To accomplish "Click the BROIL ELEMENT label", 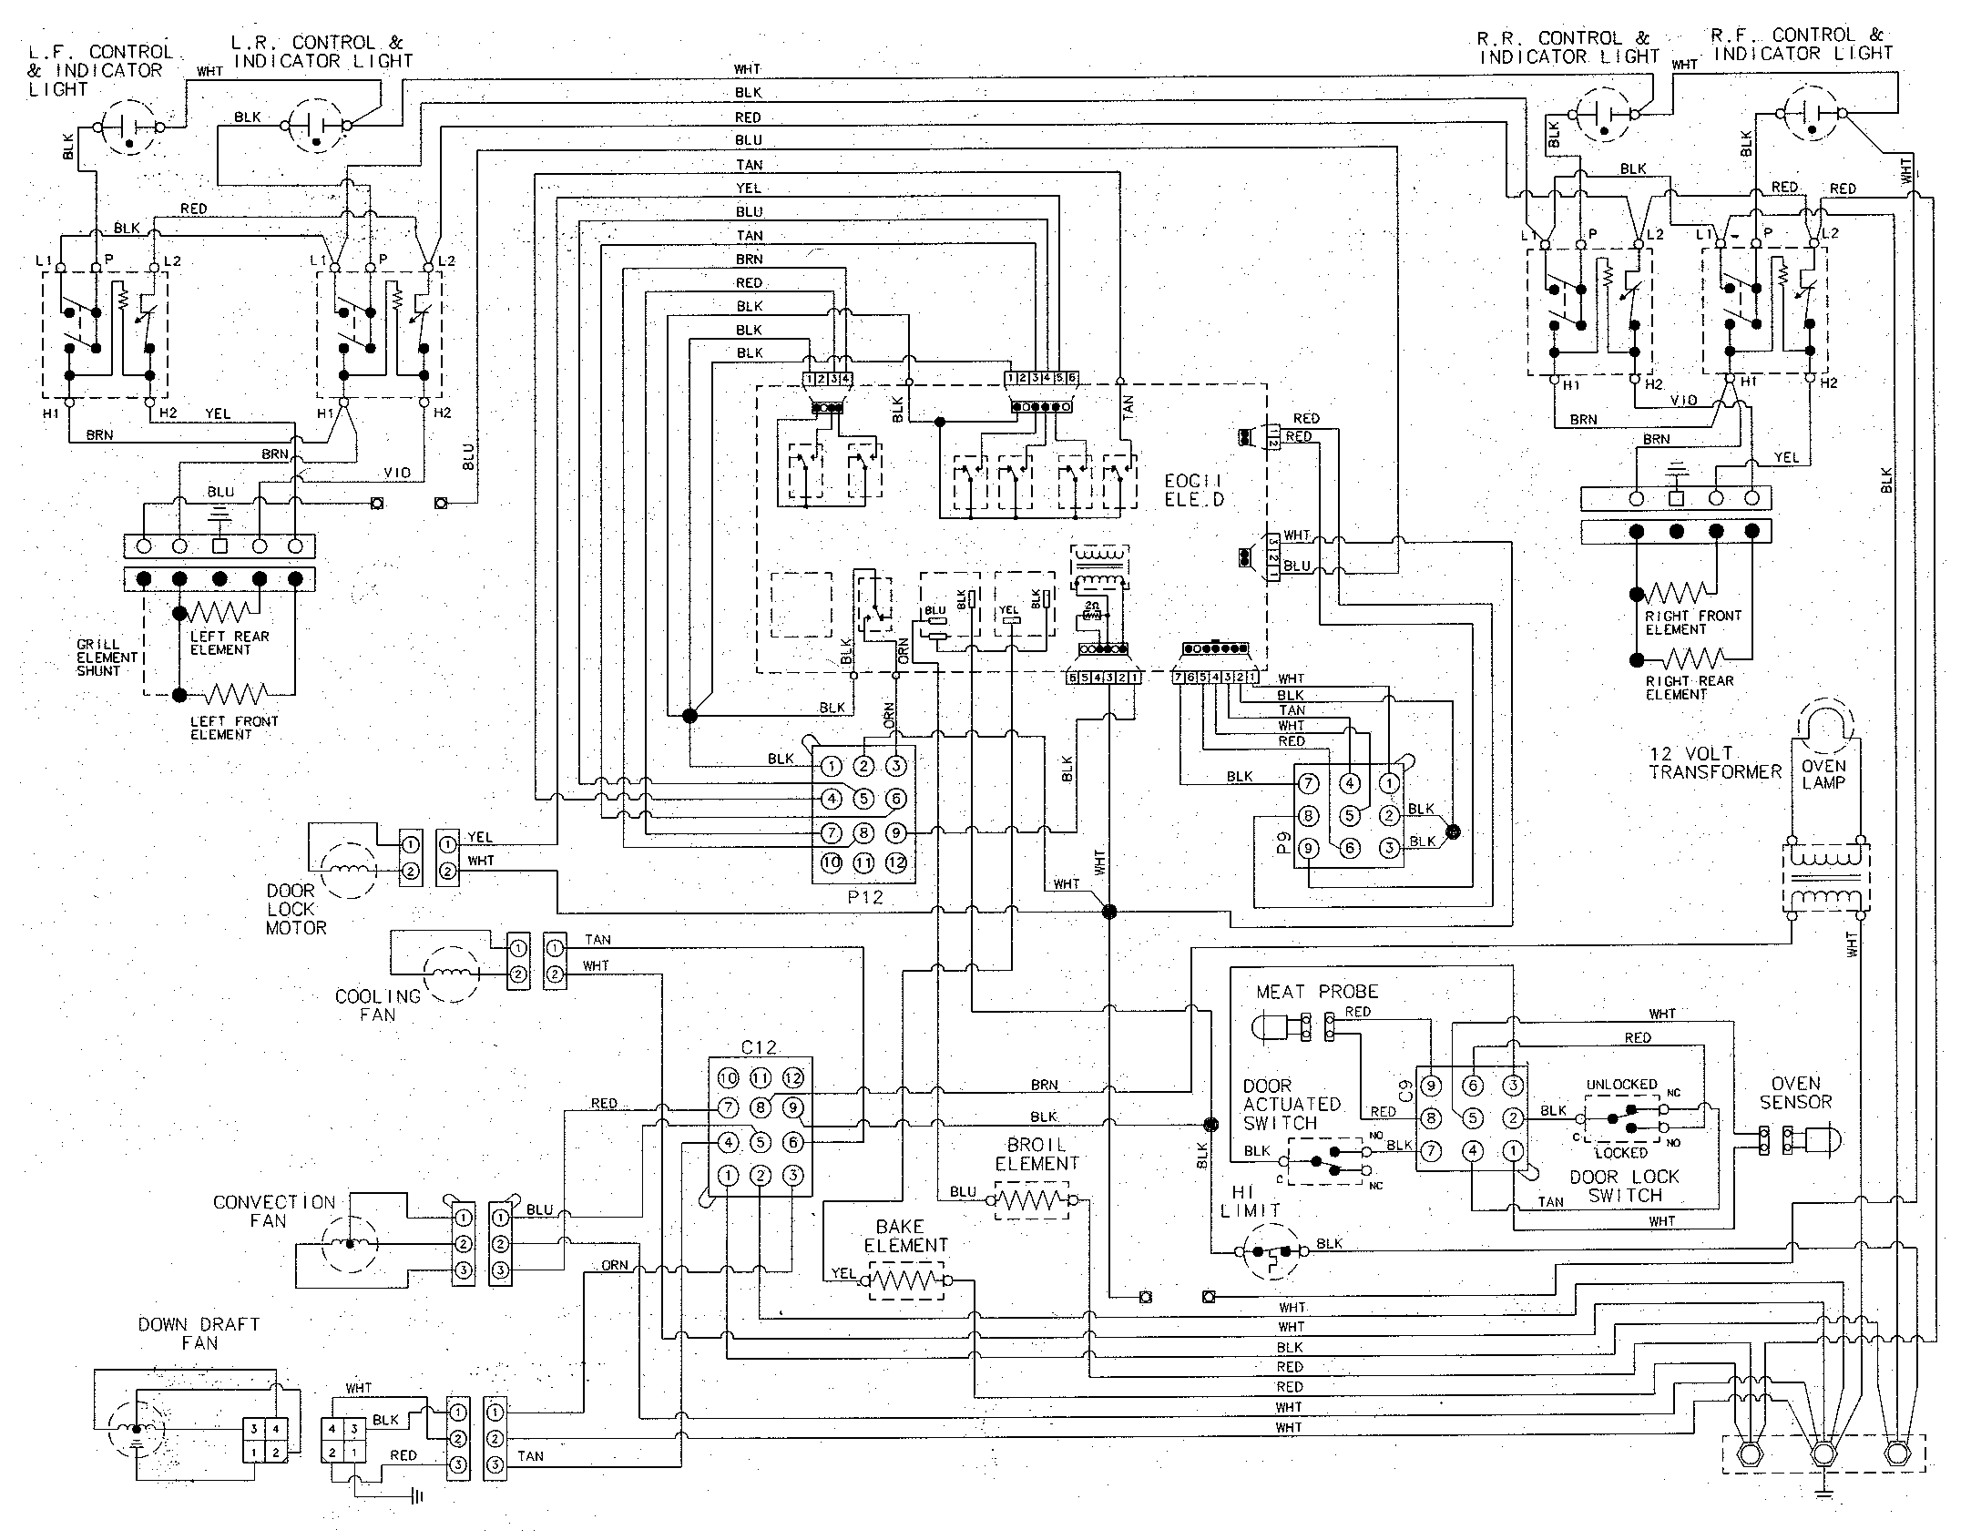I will pos(1037,1154).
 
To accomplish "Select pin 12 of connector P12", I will pos(896,862).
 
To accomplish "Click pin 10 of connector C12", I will pos(728,1078).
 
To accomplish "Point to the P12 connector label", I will pos(865,896).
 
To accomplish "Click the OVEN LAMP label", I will pos(1823,774).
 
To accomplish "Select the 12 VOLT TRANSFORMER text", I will pos(1714,763).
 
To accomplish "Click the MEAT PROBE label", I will pos(1317,992).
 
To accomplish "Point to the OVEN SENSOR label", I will pos(1795,1093).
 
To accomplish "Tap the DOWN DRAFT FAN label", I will pos(199,1333).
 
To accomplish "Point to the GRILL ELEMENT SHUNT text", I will pos(107,658).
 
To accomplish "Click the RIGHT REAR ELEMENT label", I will pos(1689,688).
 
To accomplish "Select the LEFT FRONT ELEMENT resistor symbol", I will pos(236,695).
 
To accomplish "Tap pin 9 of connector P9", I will pos(1308,848).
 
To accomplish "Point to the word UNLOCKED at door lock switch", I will pos(1621,1085).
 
